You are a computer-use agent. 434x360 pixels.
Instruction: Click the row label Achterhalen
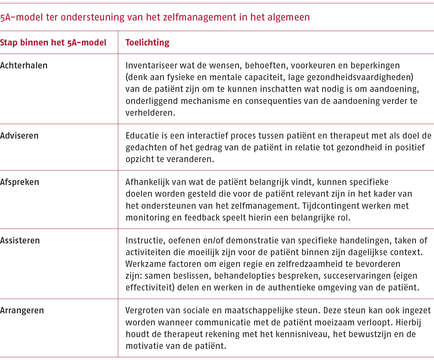[24, 65]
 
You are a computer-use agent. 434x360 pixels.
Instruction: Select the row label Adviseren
[19, 136]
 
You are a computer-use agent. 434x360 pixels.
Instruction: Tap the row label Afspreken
[20, 182]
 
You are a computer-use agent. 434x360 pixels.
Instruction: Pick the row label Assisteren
[20, 240]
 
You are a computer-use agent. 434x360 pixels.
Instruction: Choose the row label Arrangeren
[22, 310]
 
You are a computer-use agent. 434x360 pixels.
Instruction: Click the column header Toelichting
[147, 42]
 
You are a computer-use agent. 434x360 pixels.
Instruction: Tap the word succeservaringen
[357, 276]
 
